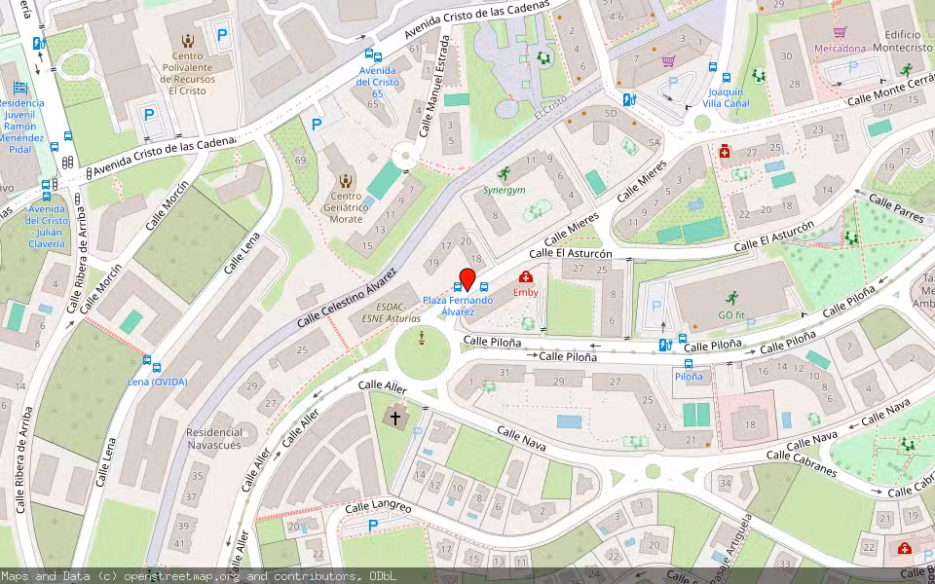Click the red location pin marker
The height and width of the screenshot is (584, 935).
[467, 278]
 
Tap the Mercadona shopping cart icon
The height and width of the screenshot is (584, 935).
[840, 32]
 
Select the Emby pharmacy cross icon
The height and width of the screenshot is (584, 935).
[526, 277]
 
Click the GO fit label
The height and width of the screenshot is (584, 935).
[730, 314]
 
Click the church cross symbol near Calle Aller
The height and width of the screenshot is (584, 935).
[395, 419]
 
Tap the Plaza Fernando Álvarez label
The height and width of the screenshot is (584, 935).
[457, 306]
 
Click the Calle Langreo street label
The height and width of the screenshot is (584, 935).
[378, 507]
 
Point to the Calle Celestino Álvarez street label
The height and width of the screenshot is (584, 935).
[347, 295]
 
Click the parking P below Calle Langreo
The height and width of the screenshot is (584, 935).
[373, 527]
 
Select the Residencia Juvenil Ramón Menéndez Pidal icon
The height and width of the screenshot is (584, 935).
[19, 88]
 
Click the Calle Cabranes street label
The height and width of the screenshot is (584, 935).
[801, 462]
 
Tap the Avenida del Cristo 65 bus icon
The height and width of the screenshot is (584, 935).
[370, 55]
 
